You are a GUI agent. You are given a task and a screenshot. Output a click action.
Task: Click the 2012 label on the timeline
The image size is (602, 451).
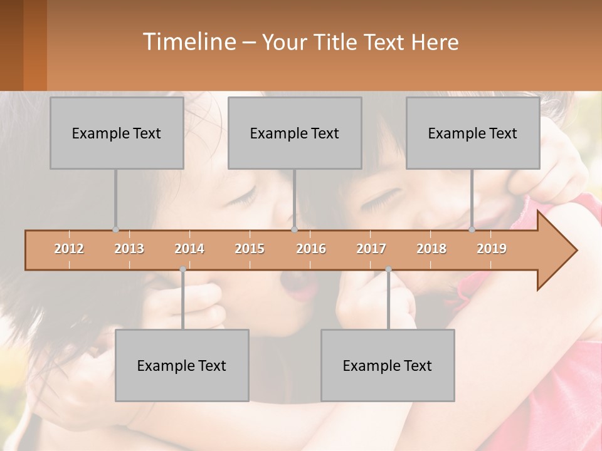pyautogui.click(x=69, y=249)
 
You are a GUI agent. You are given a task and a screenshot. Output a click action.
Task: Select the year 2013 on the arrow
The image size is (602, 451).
pyautogui.click(x=129, y=249)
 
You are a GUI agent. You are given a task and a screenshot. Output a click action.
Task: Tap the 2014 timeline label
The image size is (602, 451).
pyautogui.click(x=189, y=249)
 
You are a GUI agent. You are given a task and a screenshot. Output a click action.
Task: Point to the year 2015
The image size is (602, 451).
pyautogui.click(x=250, y=249)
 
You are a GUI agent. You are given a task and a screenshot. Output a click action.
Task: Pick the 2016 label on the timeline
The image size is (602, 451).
pyautogui.click(x=311, y=249)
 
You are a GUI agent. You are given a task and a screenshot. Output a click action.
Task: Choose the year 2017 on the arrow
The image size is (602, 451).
pyautogui.click(x=371, y=249)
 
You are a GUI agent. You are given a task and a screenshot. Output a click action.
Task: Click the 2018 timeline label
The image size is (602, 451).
pyautogui.click(x=431, y=249)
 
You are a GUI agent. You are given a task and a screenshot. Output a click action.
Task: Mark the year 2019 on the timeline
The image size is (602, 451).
pyautogui.click(x=492, y=249)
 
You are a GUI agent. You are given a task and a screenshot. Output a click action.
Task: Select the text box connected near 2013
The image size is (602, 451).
pyautogui.click(x=117, y=133)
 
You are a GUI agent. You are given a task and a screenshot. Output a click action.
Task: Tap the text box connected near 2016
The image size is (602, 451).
pyautogui.click(x=295, y=133)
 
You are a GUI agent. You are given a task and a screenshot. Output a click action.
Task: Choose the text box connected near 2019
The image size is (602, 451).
pyautogui.click(x=473, y=133)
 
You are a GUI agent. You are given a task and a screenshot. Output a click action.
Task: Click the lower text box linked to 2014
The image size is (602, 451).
pyautogui.click(x=182, y=365)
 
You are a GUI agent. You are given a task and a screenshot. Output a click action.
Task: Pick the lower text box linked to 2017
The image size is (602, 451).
pyautogui.click(x=388, y=365)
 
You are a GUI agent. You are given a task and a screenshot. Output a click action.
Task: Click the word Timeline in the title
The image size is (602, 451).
pyautogui.click(x=188, y=42)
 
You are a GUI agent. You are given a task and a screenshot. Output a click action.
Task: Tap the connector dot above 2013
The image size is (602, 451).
pyautogui.click(x=115, y=229)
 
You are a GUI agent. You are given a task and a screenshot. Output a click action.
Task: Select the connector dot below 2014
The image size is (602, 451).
pyautogui.click(x=182, y=269)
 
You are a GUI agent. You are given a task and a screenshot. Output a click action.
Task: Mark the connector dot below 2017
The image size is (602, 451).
pyautogui.click(x=388, y=269)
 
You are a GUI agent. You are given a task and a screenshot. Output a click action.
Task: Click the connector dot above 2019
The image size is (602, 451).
pyautogui.click(x=472, y=229)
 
